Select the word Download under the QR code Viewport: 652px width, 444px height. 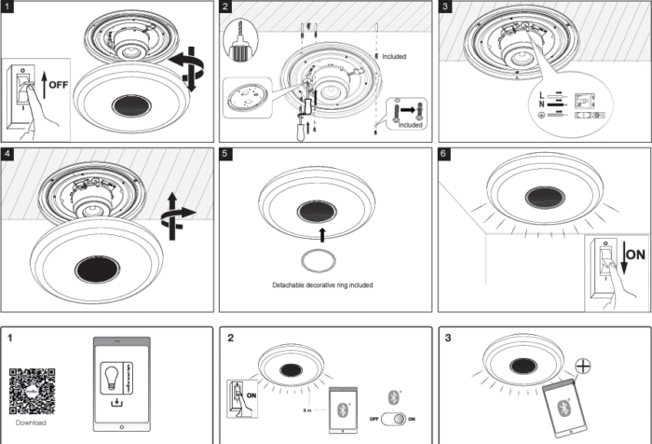pyautogui.click(x=31, y=422)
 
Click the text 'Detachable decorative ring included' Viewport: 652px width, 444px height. pyautogui.click(x=322, y=284)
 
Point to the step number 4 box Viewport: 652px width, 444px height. pyautogui.click(x=7, y=152)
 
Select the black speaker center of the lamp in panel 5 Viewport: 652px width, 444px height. pyautogui.click(x=316, y=211)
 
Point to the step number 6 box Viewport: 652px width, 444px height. pyautogui.click(x=444, y=152)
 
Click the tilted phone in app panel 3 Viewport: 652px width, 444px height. pyautogui.click(x=564, y=408)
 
